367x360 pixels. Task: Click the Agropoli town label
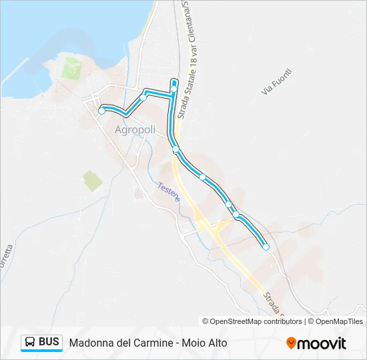coord(135,130)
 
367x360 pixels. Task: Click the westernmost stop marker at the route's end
coord(101,111)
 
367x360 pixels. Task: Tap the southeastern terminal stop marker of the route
coord(266,247)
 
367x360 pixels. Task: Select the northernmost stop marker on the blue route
coord(174,88)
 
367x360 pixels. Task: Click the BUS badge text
coord(49,342)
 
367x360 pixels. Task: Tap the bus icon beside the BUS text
coord(30,343)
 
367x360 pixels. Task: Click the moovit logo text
coord(322,343)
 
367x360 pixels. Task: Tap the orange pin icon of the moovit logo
coord(291,343)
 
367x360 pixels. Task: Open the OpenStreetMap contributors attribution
coord(256,321)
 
